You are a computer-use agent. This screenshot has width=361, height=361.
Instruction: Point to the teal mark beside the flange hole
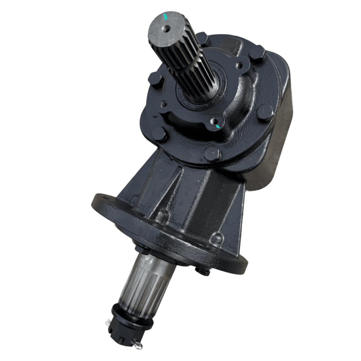[x=218, y=126]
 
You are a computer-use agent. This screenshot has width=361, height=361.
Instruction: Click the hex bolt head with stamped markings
[x=265, y=113]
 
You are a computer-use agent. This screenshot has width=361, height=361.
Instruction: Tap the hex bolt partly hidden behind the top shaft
[x=202, y=38]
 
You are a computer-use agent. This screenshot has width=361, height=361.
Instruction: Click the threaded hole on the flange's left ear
[x=164, y=104]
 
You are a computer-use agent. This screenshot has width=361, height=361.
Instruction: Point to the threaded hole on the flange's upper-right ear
[x=239, y=66]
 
